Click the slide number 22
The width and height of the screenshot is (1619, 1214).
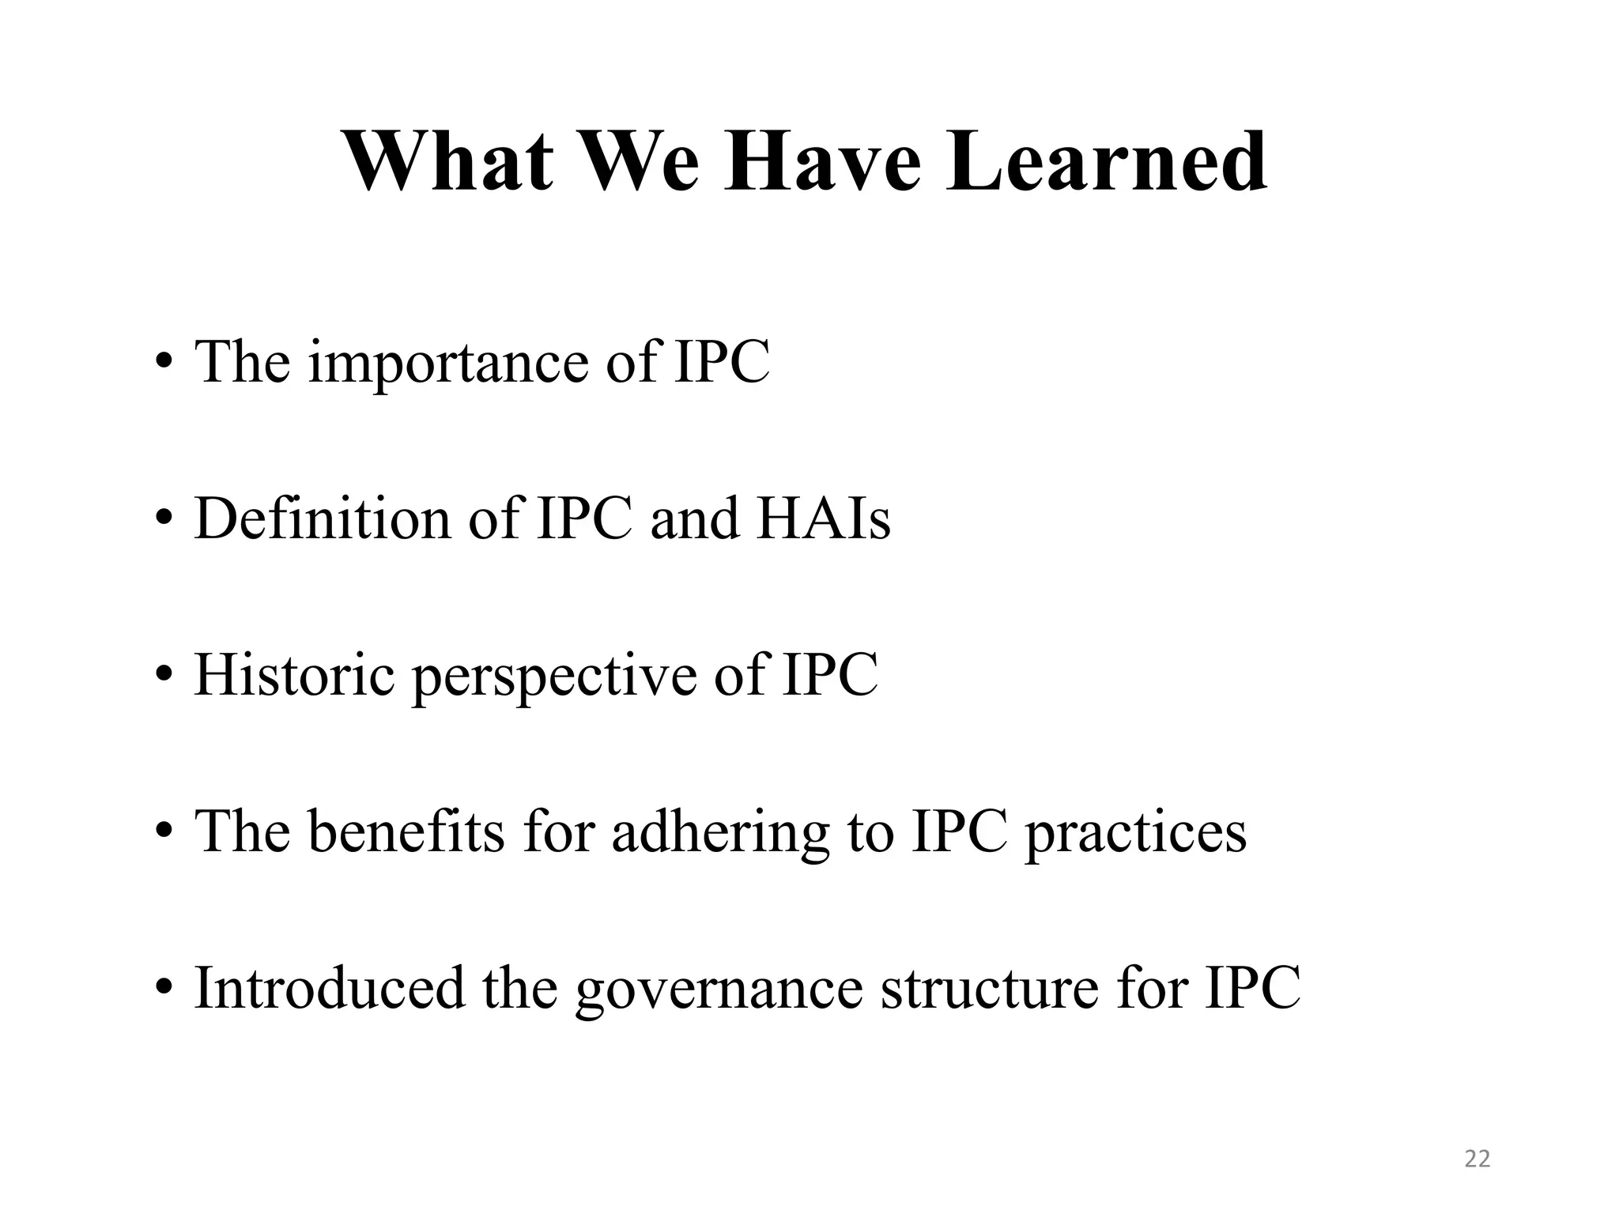(1477, 1159)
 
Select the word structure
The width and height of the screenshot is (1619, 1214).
(989, 987)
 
